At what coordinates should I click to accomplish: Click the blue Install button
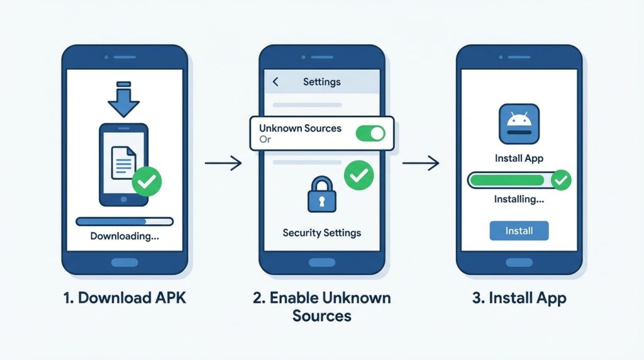[x=519, y=231]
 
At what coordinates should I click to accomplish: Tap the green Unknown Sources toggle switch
[x=370, y=133]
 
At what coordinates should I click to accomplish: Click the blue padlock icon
[x=322, y=197]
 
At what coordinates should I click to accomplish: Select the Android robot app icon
[x=519, y=124]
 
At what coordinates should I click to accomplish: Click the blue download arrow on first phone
[x=124, y=100]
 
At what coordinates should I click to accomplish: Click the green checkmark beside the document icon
[x=147, y=182]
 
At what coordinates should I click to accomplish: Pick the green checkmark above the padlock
[x=359, y=176]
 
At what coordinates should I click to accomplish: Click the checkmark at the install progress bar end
[x=560, y=181]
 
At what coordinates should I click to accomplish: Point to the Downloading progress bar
[x=124, y=222]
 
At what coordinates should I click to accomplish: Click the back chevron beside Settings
[x=275, y=82]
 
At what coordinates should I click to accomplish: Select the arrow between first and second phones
[x=223, y=164]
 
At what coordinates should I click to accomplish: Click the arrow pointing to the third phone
[x=421, y=164]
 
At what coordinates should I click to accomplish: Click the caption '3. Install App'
[x=519, y=297]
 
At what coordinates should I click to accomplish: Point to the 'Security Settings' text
[x=322, y=233]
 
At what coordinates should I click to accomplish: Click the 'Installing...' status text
[x=519, y=200]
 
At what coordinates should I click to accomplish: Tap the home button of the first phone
[x=124, y=262]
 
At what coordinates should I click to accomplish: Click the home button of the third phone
[x=519, y=262]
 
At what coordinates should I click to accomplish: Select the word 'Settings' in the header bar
[x=322, y=82]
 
